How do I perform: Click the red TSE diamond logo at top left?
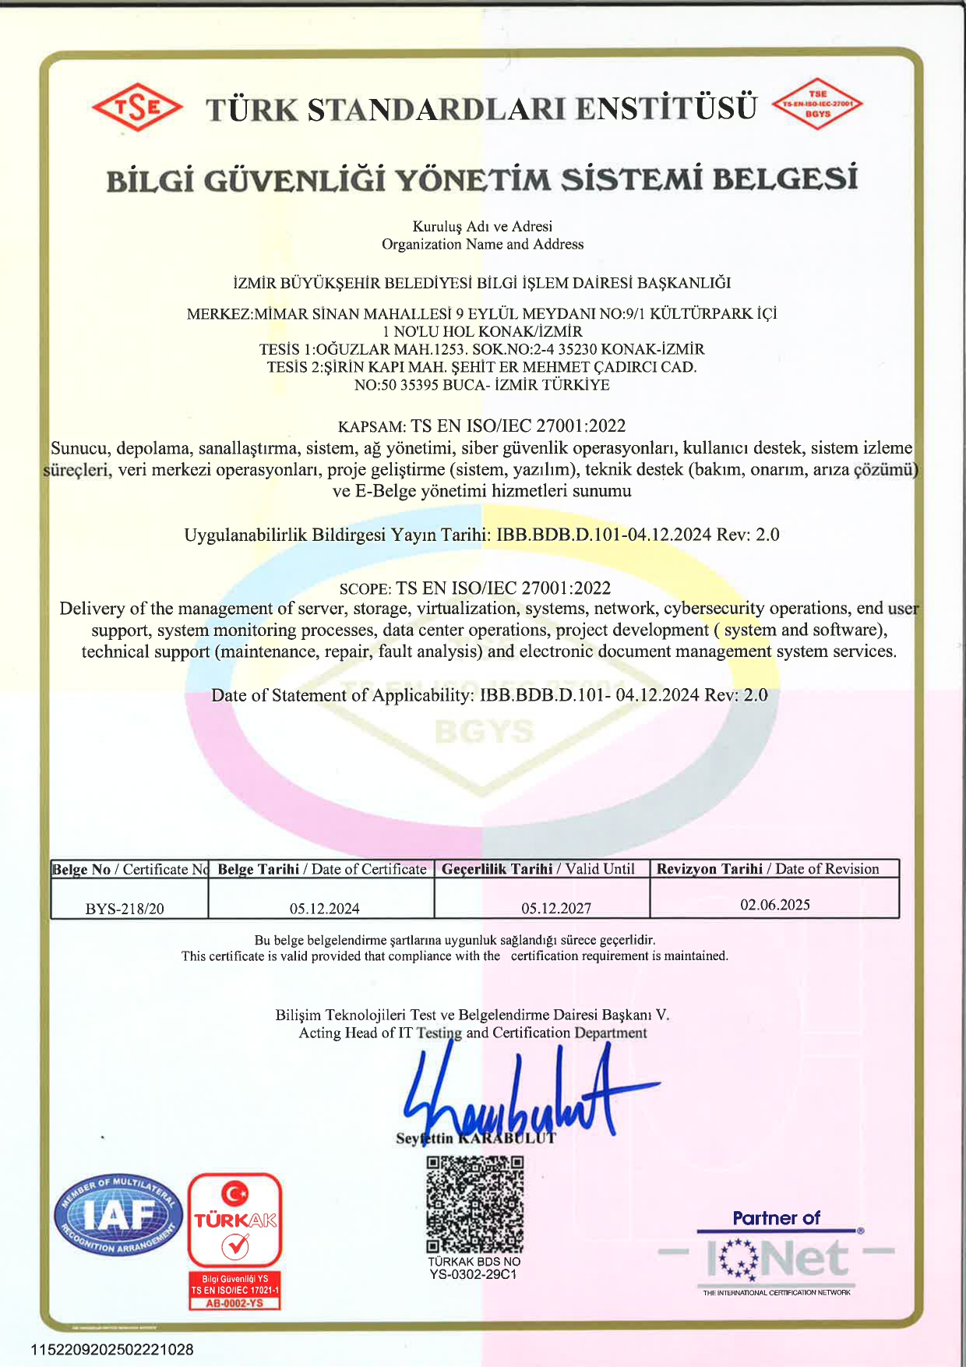tap(138, 107)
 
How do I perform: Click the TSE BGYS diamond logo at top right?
tap(817, 104)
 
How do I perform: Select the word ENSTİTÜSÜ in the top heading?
tap(667, 108)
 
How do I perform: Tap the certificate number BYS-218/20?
tap(125, 909)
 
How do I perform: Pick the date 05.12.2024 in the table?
tap(324, 909)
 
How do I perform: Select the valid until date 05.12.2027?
tap(556, 909)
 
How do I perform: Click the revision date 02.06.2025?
tap(774, 905)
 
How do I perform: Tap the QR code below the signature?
tap(474, 1203)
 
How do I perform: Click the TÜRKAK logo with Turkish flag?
tap(234, 1220)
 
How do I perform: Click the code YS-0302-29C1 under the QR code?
tap(473, 1275)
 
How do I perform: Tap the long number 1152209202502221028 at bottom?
tap(112, 1350)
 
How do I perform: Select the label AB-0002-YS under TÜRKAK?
tap(234, 1303)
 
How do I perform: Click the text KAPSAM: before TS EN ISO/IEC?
tap(372, 427)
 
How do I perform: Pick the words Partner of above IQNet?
tap(776, 1218)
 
